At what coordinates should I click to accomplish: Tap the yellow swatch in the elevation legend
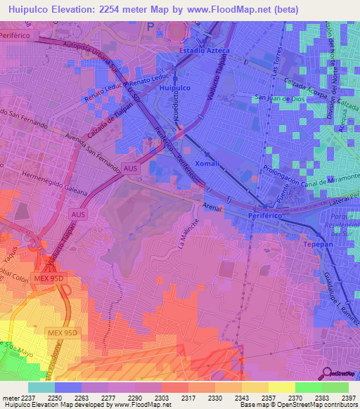click(281, 387)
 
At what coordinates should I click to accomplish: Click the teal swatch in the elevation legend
click(41, 387)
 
